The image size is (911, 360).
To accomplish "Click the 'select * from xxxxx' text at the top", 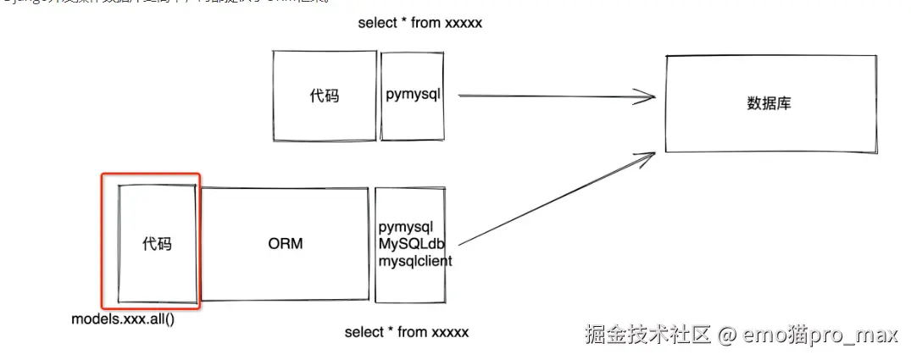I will tap(419, 23).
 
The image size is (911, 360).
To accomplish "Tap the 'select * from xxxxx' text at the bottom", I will tap(406, 332).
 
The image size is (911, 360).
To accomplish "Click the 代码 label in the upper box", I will tap(324, 96).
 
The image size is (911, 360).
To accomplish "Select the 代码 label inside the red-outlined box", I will tap(157, 244).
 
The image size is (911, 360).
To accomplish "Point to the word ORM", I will tap(286, 244).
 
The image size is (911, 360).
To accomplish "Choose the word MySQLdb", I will tap(413, 244).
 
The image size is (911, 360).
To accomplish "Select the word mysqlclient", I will tap(415, 261).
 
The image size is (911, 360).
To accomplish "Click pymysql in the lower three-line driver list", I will tap(406, 227).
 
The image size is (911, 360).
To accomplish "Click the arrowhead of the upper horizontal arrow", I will tap(649, 96).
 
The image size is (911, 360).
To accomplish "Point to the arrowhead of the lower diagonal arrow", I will tap(649, 154).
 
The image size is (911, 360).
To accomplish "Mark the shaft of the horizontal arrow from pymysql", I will tap(551, 96).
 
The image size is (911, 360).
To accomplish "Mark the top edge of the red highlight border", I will tap(151, 174).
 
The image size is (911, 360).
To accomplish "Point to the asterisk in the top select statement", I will tap(402, 23).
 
